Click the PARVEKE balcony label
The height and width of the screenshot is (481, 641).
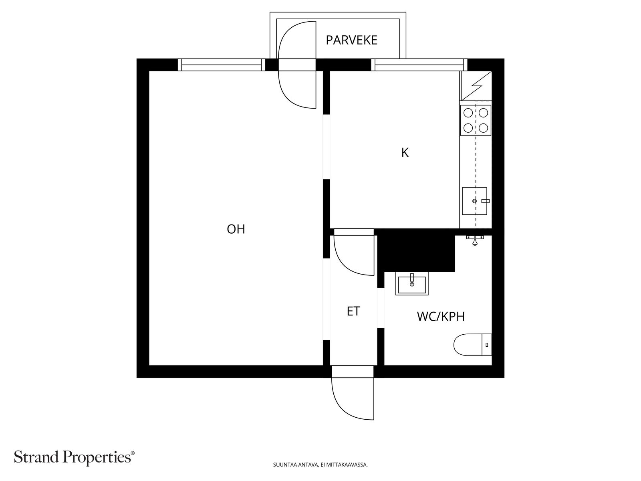[x=351, y=40]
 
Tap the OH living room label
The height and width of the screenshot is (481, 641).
[x=236, y=229]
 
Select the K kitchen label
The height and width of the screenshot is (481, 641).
[x=405, y=153]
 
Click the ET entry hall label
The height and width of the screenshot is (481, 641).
[x=353, y=311]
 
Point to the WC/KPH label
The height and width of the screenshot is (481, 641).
[x=441, y=317]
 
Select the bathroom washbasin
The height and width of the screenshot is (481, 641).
[x=412, y=283]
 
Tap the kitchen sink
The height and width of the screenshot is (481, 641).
[x=474, y=201]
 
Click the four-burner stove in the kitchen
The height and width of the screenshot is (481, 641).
[x=476, y=120]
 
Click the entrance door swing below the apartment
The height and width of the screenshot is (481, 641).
[x=353, y=399]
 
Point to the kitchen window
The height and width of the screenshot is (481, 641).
[x=419, y=65]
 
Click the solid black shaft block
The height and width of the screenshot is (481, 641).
[x=417, y=251]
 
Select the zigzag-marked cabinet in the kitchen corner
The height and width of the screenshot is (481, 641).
[x=476, y=86]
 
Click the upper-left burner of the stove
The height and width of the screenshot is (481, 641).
[x=468, y=113]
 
